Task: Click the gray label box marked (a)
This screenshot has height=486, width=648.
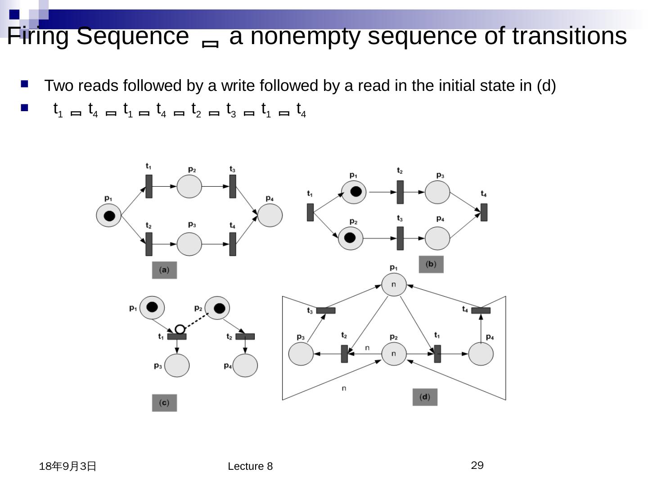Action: point(164,270)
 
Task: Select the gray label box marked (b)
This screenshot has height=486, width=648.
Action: point(431,264)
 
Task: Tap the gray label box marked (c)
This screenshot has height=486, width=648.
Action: point(164,403)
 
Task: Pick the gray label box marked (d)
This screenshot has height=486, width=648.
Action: point(425,397)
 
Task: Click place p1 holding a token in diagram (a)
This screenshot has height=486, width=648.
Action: point(109,216)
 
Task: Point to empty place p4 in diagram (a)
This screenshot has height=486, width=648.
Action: point(270,215)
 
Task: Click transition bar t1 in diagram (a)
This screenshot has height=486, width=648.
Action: point(149,186)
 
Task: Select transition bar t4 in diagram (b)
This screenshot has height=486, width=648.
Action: point(484,212)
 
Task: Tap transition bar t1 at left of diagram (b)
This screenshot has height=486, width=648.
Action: point(310,212)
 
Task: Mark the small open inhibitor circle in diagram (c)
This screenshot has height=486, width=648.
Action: point(180,329)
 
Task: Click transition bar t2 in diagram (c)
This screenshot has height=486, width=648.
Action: point(245,337)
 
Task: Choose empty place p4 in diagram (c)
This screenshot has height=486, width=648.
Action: point(245,365)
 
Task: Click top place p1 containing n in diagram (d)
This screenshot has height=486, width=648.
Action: point(394,284)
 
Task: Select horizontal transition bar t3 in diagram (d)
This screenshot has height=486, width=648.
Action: point(326,310)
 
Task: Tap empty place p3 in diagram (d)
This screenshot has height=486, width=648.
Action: point(301,354)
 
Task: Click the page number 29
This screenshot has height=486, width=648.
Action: point(477,465)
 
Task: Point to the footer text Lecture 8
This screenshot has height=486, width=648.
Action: point(250,466)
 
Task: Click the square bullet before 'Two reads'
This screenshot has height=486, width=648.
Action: point(24,84)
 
